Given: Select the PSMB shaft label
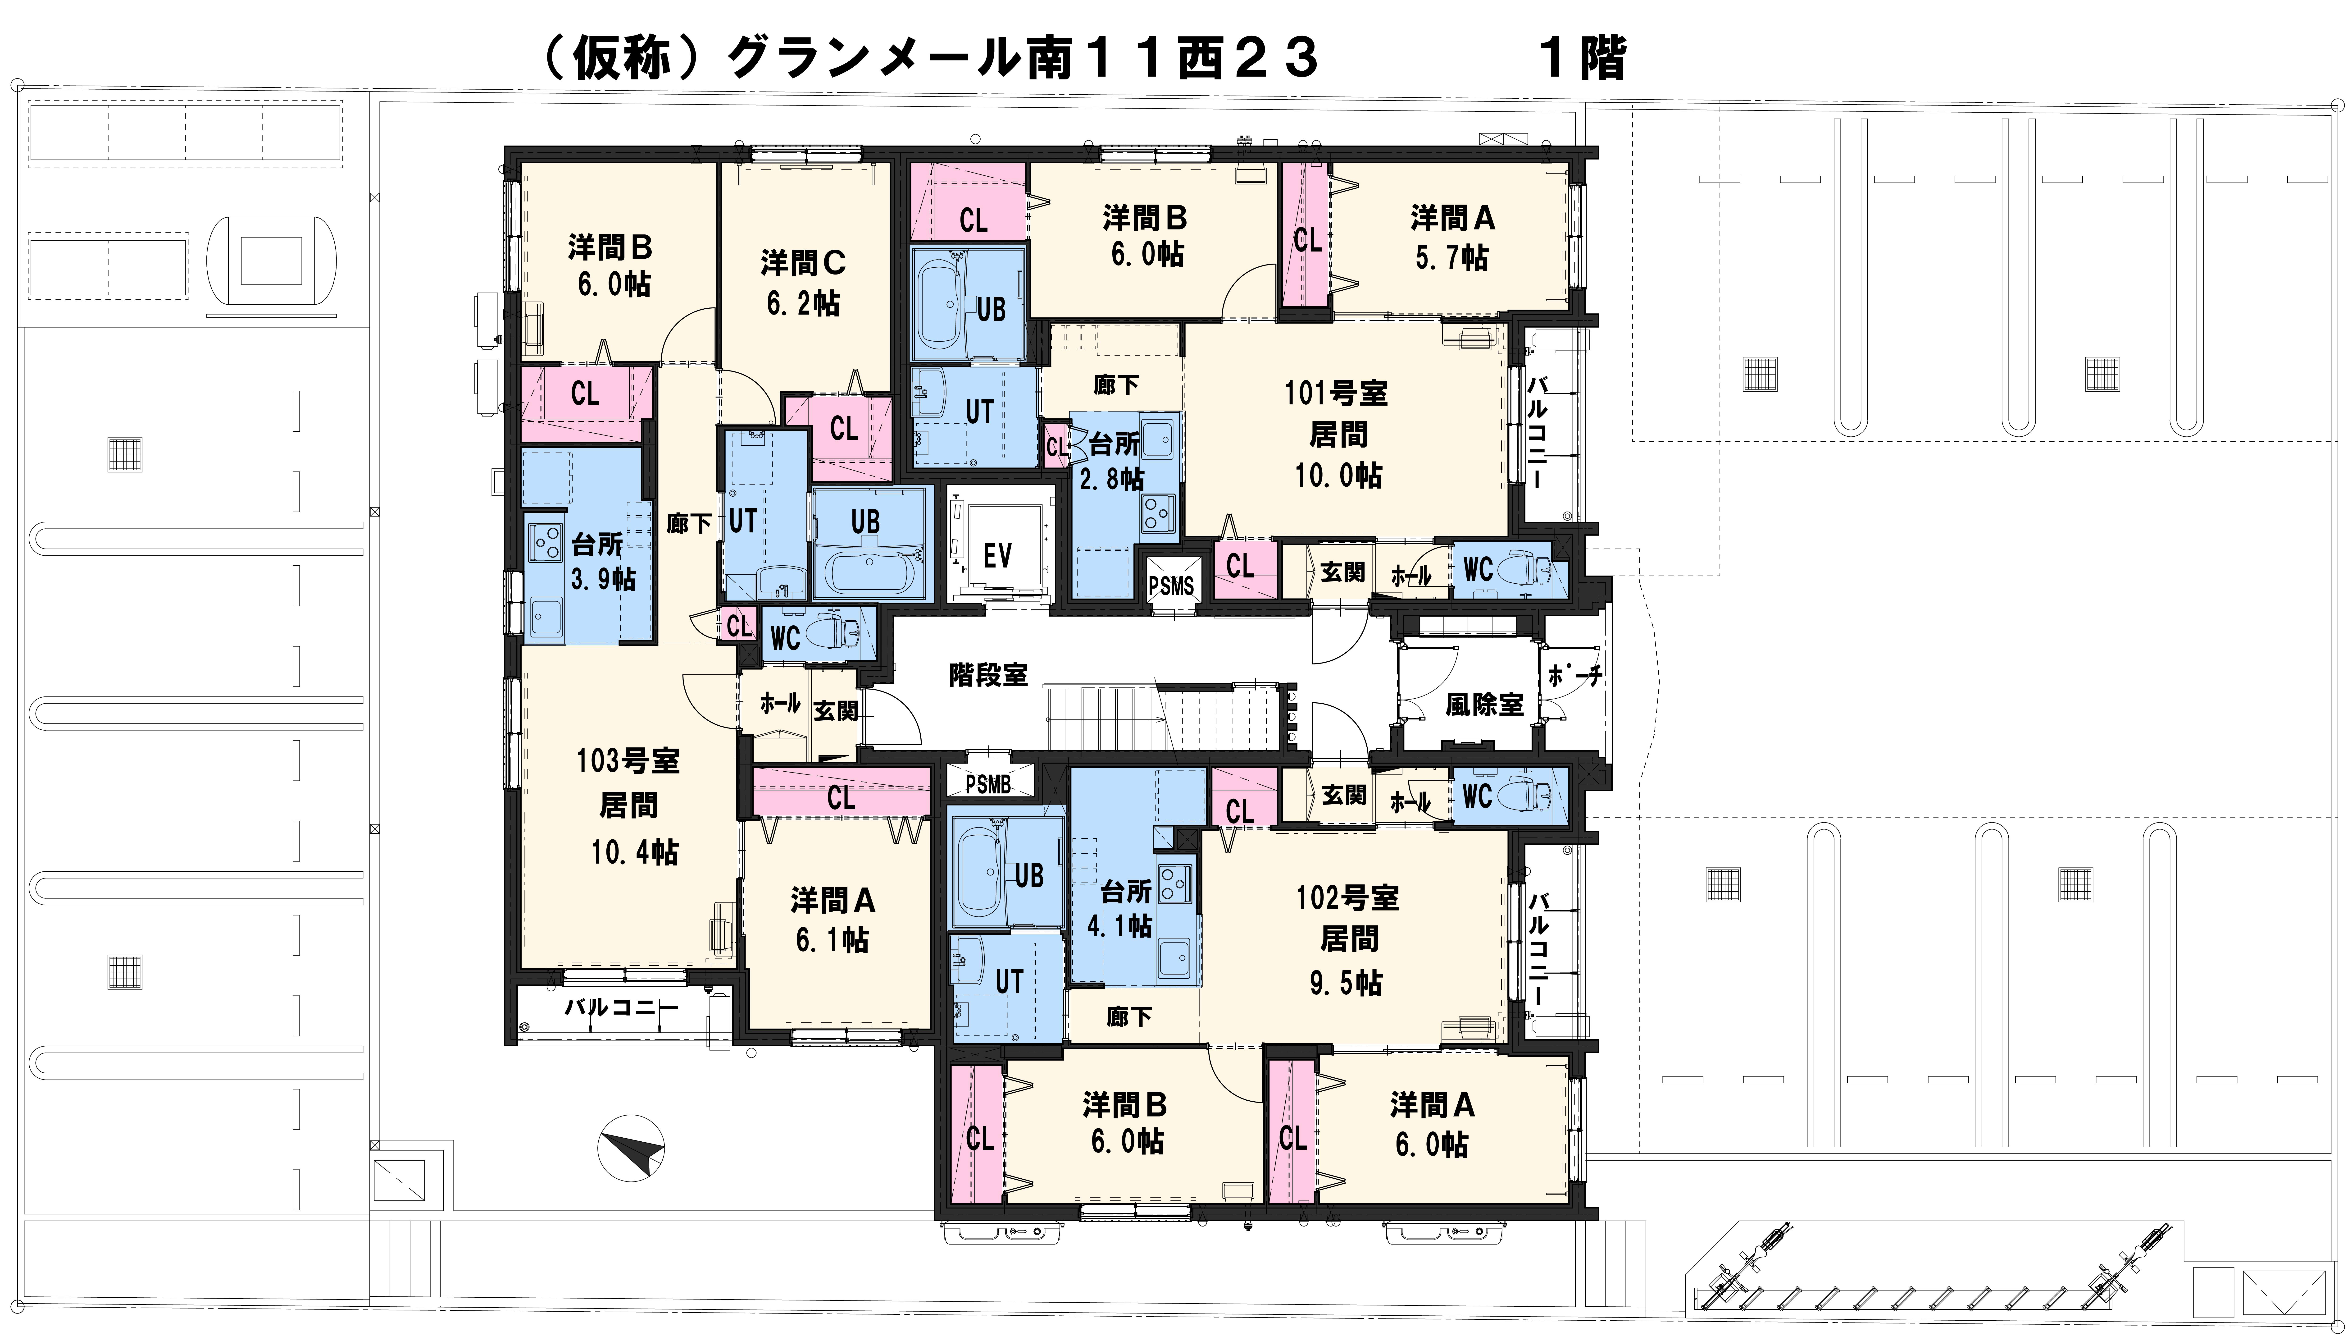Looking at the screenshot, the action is click(989, 785).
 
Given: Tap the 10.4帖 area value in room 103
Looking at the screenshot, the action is click(635, 852).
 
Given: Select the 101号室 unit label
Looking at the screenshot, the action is click(1336, 393).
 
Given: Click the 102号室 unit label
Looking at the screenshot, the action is click(1348, 897).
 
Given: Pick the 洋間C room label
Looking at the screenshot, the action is click(803, 263).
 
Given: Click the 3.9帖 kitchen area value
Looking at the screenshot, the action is click(603, 579).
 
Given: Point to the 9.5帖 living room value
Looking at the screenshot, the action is click(1346, 984).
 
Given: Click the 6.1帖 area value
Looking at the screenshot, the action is click(832, 940).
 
